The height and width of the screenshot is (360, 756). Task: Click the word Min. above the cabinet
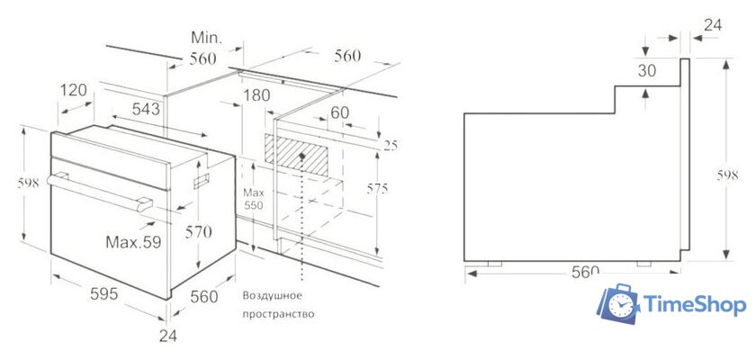point(206,38)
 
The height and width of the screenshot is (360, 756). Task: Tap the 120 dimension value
point(74,90)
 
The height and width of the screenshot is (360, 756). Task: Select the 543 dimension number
point(146,109)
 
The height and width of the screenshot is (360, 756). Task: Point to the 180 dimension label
point(256,95)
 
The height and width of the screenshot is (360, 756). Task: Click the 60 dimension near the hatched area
point(340,112)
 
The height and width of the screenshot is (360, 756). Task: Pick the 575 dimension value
point(376,189)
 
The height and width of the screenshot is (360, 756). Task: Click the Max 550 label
point(253,199)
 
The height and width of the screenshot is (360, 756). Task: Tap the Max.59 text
point(133,242)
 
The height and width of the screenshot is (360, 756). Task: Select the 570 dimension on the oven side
point(199,232)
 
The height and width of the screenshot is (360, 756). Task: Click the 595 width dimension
point(104,293)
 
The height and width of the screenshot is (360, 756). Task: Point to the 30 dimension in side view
point(647,70)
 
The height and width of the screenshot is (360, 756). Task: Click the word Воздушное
point(273,295)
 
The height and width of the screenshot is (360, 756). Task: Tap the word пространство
point(278,315)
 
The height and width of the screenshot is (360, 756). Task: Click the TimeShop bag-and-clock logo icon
point(619,303)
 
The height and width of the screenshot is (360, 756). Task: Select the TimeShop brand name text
point(695,305)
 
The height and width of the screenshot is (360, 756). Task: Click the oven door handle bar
point(100,192)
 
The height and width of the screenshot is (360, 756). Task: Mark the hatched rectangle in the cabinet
point(296,155)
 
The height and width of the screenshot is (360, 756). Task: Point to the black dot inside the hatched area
point(302,156)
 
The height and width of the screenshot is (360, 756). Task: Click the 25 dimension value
point(391,146)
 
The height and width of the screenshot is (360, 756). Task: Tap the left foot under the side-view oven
point(495,264)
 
